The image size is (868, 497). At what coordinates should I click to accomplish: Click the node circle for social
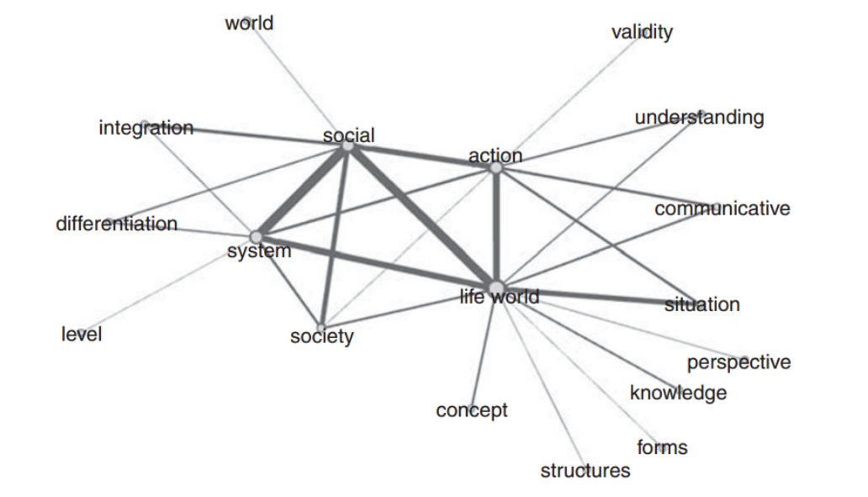click(347, 146)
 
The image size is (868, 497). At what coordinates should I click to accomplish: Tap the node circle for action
click(496, 168)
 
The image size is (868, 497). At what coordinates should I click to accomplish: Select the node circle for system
click(257, 237)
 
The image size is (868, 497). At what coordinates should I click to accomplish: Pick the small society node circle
click(320, 327)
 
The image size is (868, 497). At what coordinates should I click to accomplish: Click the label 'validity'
click(642, 33)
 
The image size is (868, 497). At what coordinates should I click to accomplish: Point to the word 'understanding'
click(699, 117)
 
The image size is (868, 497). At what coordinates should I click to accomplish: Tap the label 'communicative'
click(722, 208)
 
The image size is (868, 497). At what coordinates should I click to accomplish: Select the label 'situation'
click(702, 304)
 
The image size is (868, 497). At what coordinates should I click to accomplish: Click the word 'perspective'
click(738, 362)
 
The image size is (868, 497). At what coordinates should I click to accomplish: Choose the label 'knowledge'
click(678, 393)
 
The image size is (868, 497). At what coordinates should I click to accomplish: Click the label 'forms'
click(662, 447)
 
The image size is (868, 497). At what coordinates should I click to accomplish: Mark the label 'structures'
click(585, 471)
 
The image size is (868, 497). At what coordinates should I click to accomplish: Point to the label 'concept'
click(472, 410)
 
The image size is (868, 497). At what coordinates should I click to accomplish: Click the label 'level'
click(82, 335)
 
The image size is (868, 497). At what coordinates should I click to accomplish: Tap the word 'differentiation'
click(117, 225)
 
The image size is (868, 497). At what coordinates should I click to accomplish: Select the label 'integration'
click(146, 129)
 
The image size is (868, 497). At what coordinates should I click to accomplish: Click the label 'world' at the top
click(249, 24)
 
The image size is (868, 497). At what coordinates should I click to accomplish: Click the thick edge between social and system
click(302, 192)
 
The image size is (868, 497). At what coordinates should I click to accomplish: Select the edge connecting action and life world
click(496, 227)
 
